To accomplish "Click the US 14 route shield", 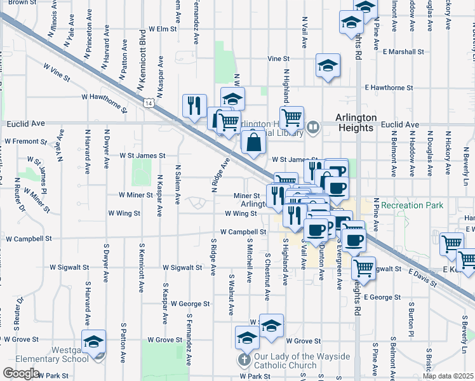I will tap(148, 102).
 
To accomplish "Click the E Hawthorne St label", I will tap(389, 88).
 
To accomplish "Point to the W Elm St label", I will tap(162, 29).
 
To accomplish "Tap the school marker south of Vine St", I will tap(328, 65).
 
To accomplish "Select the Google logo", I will tap(21, 373).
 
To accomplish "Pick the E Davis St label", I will tap(424, 277).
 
